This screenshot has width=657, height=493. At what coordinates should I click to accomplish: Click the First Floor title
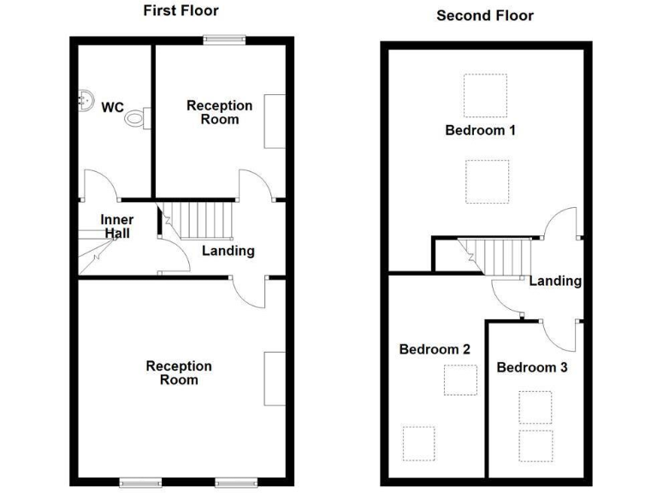(180, 11)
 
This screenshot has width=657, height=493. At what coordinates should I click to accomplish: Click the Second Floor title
(484, 15)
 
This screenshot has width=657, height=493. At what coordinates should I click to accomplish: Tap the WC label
(112, 107)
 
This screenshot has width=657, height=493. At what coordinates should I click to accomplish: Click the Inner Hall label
(117, 226)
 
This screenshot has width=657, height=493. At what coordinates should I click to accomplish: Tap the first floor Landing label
(228, 251)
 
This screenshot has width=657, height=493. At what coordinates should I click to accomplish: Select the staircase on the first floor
(198, 220)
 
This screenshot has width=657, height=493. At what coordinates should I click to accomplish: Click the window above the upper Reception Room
(224, 39)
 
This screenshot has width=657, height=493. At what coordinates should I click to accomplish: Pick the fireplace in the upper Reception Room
(275, 122)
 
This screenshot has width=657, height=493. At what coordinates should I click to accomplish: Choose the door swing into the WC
(97, 184)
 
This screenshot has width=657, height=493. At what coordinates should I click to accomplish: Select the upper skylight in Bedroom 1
(485, 95)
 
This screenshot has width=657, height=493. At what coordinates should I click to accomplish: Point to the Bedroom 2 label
(435, 349)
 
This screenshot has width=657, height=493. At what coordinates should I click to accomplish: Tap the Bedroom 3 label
(532, 367)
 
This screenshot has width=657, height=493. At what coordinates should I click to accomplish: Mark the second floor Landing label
(555, 281)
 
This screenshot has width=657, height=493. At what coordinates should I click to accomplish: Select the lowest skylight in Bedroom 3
(536, 444)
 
